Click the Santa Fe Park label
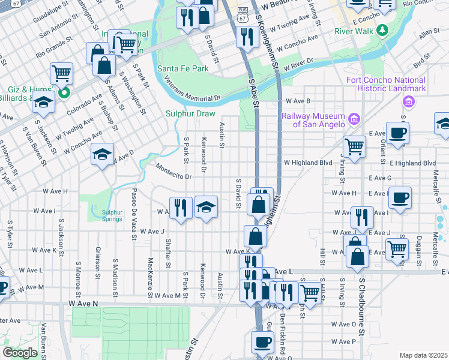[183, 68]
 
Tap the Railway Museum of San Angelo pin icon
[354, 119]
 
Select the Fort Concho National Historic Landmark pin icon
[409, 101]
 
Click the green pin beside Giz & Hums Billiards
[65, 92]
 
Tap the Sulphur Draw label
[188, 112]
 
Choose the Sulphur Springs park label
[112, 215]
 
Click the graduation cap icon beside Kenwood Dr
[206, 208]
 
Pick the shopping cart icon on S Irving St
[354, 145]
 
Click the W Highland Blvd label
[308, 163]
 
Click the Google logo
[20, 353]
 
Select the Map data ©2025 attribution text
[423, 355]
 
